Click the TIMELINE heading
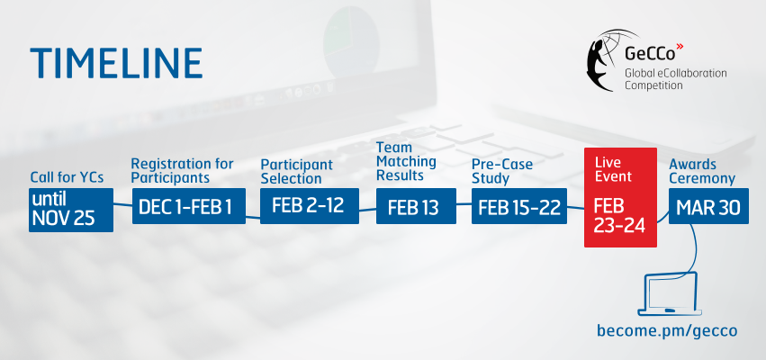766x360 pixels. pos(116,63)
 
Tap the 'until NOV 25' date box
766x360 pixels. pos(71,210)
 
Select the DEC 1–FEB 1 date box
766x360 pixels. pos(188,206)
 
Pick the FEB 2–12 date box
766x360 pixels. pos(310,206)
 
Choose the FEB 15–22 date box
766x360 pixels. pos(519,206)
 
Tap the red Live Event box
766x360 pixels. pos(620,197)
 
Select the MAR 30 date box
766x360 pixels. pos(708,206)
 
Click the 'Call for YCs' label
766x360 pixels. pos(67,177)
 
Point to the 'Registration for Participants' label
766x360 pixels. pos(183,170)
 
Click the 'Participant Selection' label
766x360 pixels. pos(296,172)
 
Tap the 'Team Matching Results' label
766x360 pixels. pos(406,161)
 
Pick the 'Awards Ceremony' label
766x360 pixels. pos(702,171)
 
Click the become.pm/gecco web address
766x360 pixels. pos(667,330)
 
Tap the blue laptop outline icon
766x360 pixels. pos(670,294)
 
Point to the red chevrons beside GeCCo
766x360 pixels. pos(680,47)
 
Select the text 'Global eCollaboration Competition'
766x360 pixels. pos(676,79)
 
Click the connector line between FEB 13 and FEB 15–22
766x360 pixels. pos(464,204)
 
